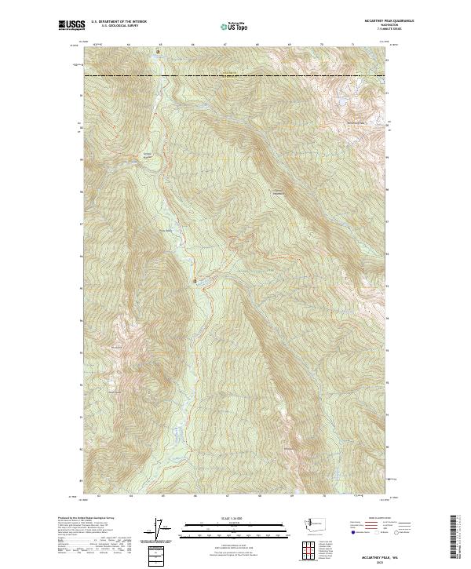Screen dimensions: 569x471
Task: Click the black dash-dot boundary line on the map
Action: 235,76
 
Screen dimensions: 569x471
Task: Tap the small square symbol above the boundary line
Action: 157,53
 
